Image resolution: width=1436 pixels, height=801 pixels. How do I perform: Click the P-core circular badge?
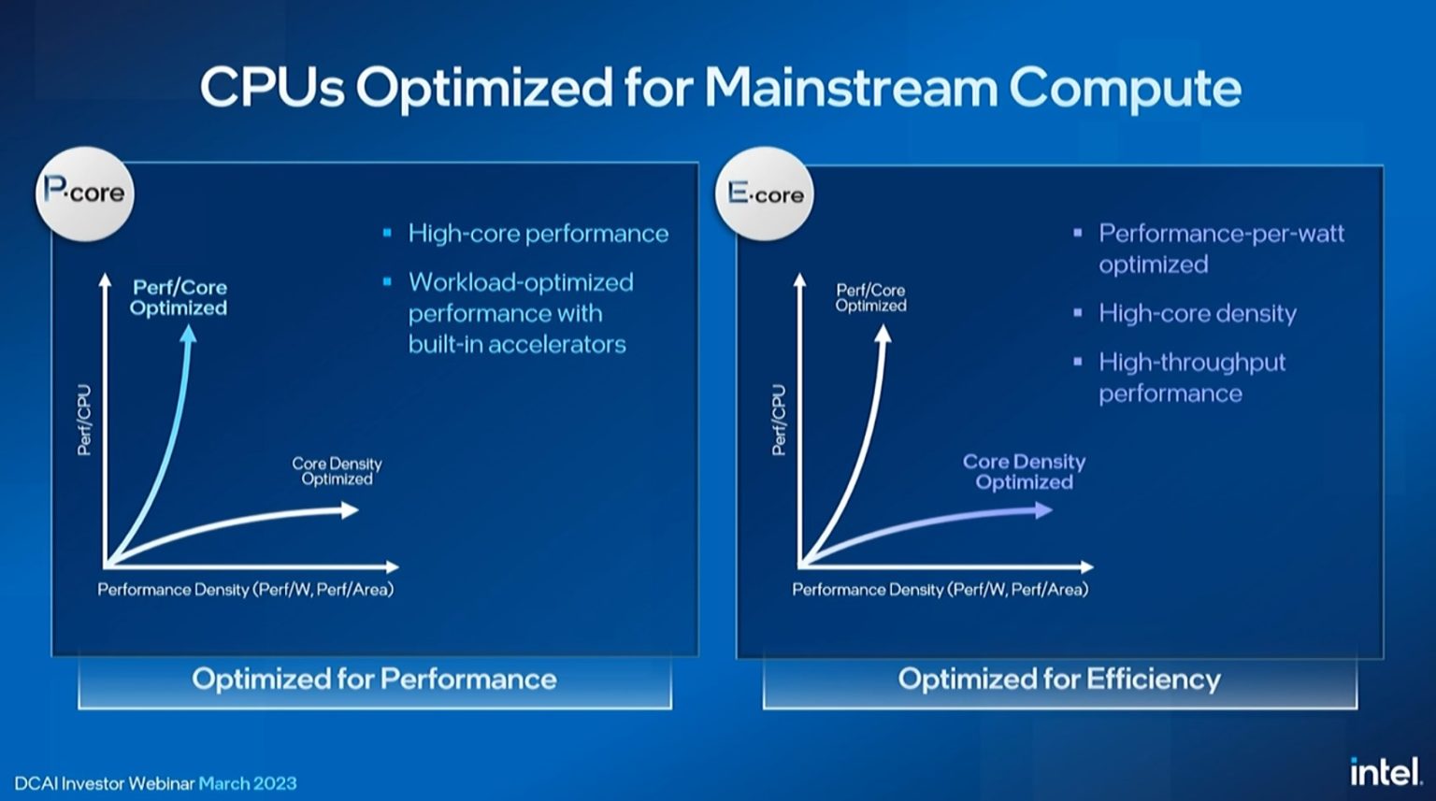84,193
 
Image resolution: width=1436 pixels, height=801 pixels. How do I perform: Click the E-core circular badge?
765,193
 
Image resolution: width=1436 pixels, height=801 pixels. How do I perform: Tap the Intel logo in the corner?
1385,771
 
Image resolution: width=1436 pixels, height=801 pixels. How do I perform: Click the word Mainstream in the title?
851,88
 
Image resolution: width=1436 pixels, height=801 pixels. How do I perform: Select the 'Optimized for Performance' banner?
374,679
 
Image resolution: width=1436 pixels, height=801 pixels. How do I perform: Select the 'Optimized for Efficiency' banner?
1059,679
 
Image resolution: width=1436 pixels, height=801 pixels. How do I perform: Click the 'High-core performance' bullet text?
538,234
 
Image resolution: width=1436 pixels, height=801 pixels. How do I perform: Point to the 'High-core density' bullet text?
1197,313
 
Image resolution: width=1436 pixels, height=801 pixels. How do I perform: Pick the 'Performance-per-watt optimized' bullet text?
1220,249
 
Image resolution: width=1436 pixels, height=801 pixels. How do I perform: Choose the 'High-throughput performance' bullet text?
1191,378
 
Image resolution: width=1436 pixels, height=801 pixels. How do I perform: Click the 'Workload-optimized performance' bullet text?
520,313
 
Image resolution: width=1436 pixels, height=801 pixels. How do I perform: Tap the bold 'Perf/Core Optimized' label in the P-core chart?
179,297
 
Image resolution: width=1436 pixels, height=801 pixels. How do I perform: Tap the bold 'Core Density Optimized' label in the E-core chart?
1024,472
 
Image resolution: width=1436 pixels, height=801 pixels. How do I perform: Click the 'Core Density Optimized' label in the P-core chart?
337,471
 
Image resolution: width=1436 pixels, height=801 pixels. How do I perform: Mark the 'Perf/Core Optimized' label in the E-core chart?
870,297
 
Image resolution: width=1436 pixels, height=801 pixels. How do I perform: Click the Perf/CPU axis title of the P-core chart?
84,420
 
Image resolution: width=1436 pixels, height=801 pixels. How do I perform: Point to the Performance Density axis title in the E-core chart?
940,590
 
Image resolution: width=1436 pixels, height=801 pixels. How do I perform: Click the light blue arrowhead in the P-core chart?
188,333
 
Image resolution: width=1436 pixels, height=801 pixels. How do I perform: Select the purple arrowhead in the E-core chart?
1043,509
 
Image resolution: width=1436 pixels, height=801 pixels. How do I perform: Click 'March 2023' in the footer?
248,783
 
